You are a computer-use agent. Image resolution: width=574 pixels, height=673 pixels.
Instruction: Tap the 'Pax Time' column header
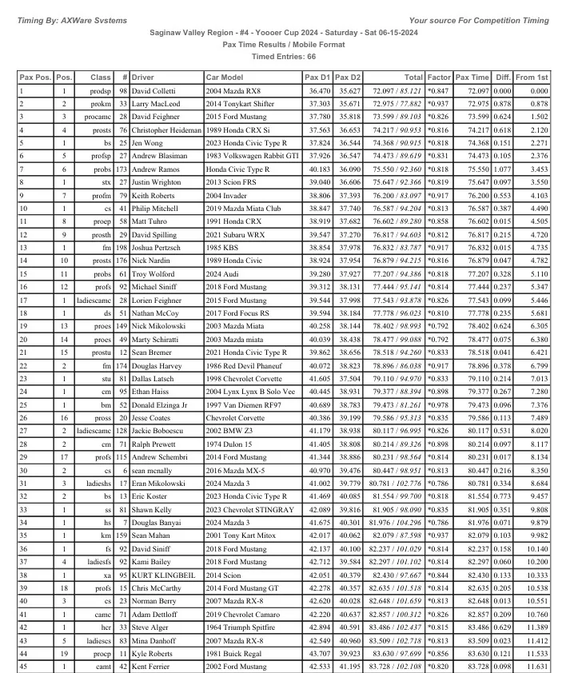click(472, 78)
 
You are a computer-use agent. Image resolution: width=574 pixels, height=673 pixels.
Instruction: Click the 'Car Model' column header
click(224, 78)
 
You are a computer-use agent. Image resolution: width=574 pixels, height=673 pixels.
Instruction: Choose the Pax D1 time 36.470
click(318, 92)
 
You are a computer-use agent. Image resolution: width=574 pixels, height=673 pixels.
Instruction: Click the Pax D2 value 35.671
click(347, 104)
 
